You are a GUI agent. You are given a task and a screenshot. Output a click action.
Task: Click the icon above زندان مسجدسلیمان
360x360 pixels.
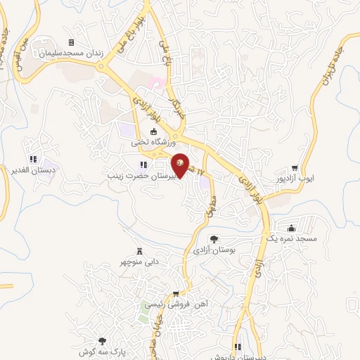coord(71,43)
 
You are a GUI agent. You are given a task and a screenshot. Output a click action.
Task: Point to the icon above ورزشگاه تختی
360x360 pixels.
coord(155,131)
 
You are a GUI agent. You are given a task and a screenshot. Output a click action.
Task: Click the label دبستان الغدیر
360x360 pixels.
coord(37,170)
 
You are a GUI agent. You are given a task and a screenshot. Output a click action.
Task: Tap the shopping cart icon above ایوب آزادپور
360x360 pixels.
coord(295,169)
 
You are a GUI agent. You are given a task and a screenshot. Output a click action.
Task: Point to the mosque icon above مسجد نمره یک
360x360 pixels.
coord(292,228)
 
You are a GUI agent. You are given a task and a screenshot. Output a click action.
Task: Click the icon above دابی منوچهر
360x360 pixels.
coord(140,251)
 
